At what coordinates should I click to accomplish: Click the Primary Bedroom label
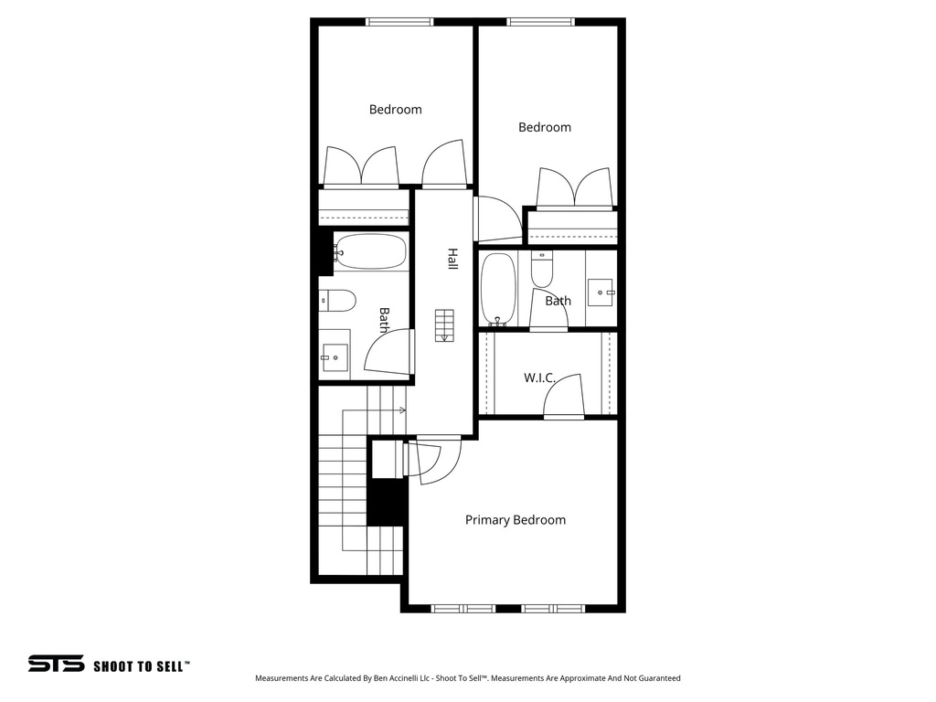click(x=515, y=520)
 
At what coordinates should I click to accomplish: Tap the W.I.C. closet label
click(x=540, y=378)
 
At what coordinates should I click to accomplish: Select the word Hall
click(x=452, y=259)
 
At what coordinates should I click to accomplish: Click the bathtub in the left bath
click(x=370, y=251)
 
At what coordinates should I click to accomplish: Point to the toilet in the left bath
click(x=337, y=300)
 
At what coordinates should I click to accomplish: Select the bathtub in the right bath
click(x=498, y=289)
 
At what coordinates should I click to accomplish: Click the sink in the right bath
click(x=601, y=292)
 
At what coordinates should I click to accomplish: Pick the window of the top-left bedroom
click(x=399, y=22)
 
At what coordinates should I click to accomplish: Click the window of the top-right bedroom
click(x=541, y=22)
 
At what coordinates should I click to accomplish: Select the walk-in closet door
click(x=564, y=398)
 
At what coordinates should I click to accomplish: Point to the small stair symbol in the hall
click(x=444, y=325)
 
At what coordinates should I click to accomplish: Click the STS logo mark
click(x=56, y=665)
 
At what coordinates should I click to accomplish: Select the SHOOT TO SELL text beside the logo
click(x=142, y=666)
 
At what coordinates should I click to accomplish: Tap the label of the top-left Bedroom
click(x=395, y=110)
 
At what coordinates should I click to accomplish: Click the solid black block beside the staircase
click(x=386, y=502)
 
